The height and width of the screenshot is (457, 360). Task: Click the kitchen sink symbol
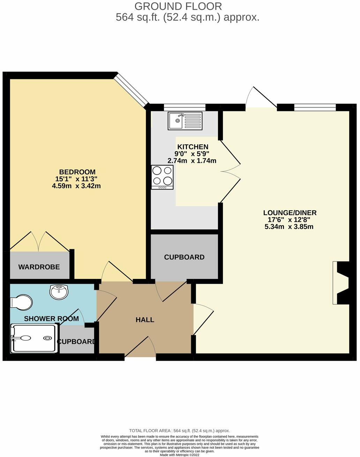(185, 120)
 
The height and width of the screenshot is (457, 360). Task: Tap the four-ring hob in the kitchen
(162, 177)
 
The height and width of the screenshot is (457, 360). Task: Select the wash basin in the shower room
(59, 292)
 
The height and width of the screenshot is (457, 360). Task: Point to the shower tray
(34, 338)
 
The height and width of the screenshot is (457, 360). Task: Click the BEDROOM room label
(77, 172)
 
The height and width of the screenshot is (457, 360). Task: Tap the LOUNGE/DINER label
(290, 213)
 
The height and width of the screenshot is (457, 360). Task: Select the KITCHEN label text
(193, 147)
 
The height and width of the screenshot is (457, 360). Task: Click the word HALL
(145, 320)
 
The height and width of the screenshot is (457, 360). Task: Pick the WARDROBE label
(39, 267)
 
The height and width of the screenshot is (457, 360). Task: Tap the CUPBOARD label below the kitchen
(184, 257)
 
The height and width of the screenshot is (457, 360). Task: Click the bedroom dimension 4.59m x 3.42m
(76, 186)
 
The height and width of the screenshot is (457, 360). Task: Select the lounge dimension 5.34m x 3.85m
(289, 227)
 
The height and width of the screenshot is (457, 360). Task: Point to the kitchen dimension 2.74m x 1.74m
(192, 161)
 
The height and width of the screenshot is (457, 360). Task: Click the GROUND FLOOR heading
(178, 6)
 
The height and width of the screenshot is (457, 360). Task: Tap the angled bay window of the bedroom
(132, 89)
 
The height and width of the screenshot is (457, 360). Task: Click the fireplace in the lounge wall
(341, 283)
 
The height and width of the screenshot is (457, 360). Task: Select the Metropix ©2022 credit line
(179, 455)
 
